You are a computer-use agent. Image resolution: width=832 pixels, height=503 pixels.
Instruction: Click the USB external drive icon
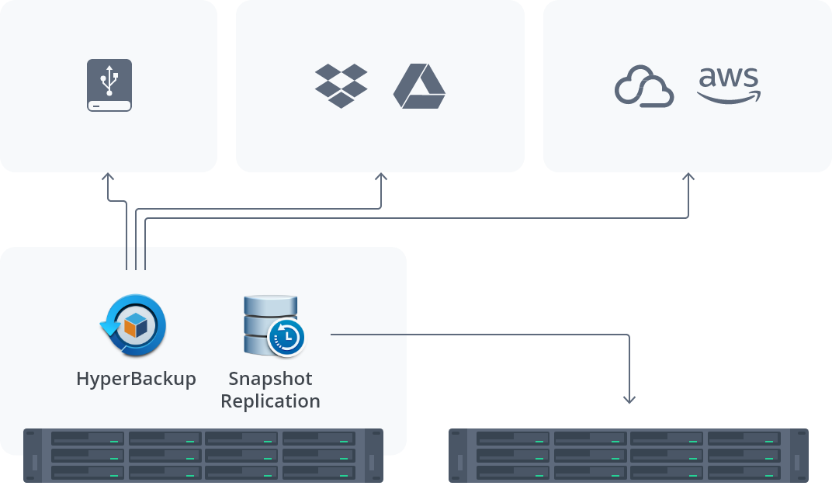click(109, 85)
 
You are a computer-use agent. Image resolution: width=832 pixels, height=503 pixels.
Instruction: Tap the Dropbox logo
click(341, 85)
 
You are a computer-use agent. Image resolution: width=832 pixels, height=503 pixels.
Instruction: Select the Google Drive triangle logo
click(419, 86)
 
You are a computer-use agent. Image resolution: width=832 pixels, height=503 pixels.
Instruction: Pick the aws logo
click(729, 85)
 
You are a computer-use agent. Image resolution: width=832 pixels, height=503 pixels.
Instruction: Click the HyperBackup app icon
click(133, 325)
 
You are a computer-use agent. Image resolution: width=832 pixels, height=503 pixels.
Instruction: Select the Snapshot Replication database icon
click(272, 324)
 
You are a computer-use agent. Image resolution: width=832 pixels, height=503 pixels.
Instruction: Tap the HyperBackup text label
click(136, 379)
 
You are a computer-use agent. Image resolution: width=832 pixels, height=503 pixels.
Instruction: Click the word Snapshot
click(270, 379)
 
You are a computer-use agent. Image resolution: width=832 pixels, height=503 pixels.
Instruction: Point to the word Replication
click(270, 401)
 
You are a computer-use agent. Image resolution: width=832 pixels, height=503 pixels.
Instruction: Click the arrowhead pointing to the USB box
click(108, 177)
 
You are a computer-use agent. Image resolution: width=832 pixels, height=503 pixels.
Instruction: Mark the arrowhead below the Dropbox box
click(381, 177)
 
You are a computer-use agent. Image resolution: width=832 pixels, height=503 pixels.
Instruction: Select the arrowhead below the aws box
click(688, 177)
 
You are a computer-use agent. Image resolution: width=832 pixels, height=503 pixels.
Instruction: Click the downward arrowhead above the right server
click(629, 399)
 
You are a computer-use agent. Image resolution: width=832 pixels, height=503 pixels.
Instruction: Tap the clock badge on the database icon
click(286, 337)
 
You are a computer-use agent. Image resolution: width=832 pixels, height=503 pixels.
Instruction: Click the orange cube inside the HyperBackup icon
click(136, 327)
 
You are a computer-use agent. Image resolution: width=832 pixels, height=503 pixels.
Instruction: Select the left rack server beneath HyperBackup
click(203, 456)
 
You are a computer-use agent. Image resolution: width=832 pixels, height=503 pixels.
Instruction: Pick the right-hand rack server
click(629, 456)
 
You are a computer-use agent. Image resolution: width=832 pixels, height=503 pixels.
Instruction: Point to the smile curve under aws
click(728, 98)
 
